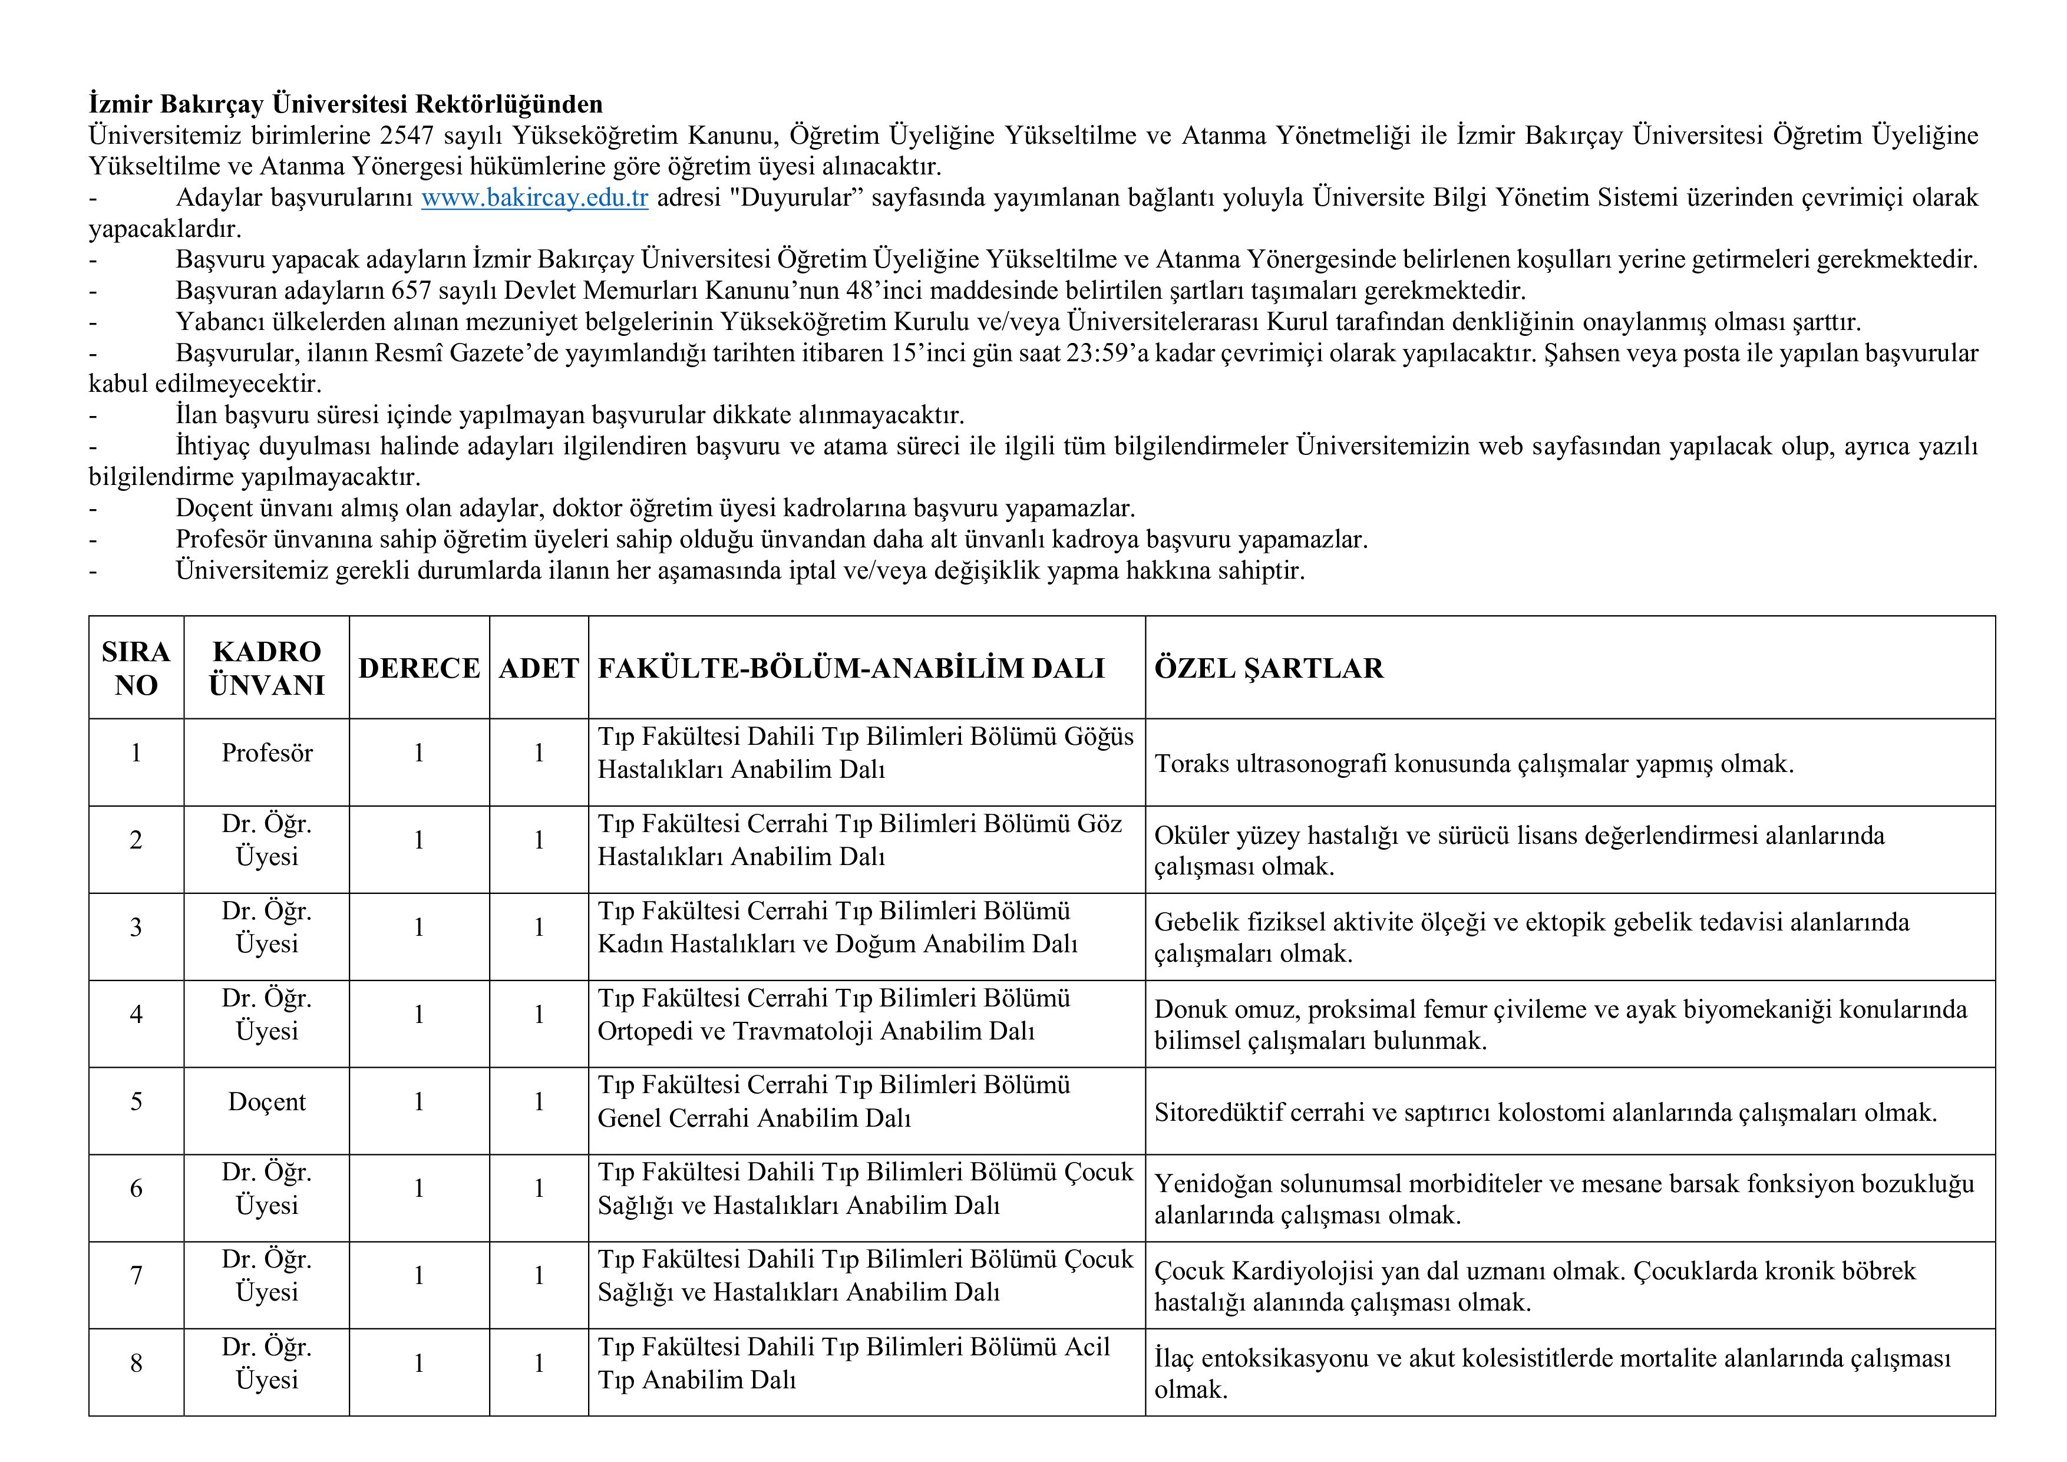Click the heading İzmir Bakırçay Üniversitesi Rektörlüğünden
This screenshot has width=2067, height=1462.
[x=346, y=104]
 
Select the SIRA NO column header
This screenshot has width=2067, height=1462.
[x=136, y=668]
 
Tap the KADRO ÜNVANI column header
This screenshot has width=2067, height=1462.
[x=266, y=668]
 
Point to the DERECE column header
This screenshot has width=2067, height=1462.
[x=418, y=668]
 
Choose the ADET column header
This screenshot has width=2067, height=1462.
[x=539, y=668]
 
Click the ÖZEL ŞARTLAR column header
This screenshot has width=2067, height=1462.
[x=1269, y=668]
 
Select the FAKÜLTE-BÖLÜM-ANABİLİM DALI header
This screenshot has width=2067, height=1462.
[x=851, y=668]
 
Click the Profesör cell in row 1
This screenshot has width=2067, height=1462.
[x=266, y=753]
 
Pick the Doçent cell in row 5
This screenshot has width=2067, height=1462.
[x=266, y=1102]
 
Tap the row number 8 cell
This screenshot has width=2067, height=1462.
[x=136, y=1363]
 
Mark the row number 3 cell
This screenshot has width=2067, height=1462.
[x=136, y=928]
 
